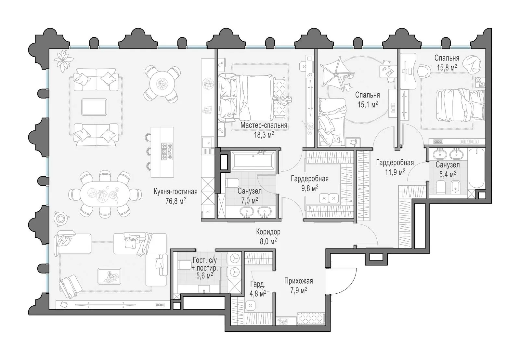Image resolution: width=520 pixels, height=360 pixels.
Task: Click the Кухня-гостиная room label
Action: click(175, 192)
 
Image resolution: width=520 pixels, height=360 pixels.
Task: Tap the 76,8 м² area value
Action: click(175, 201)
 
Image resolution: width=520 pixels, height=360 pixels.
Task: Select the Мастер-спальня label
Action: click(264, 126)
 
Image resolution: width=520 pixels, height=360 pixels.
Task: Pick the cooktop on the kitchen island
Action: click(167, 151)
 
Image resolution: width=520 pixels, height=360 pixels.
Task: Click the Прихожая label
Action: click(298, 281)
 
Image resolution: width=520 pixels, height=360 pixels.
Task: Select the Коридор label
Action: click(268, 232)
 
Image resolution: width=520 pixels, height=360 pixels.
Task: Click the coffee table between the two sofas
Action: click(94, 107)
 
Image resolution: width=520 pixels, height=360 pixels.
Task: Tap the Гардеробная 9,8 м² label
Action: click(309, 183)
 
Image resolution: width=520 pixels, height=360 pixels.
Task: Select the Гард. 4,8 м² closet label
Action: click(258, 288)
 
